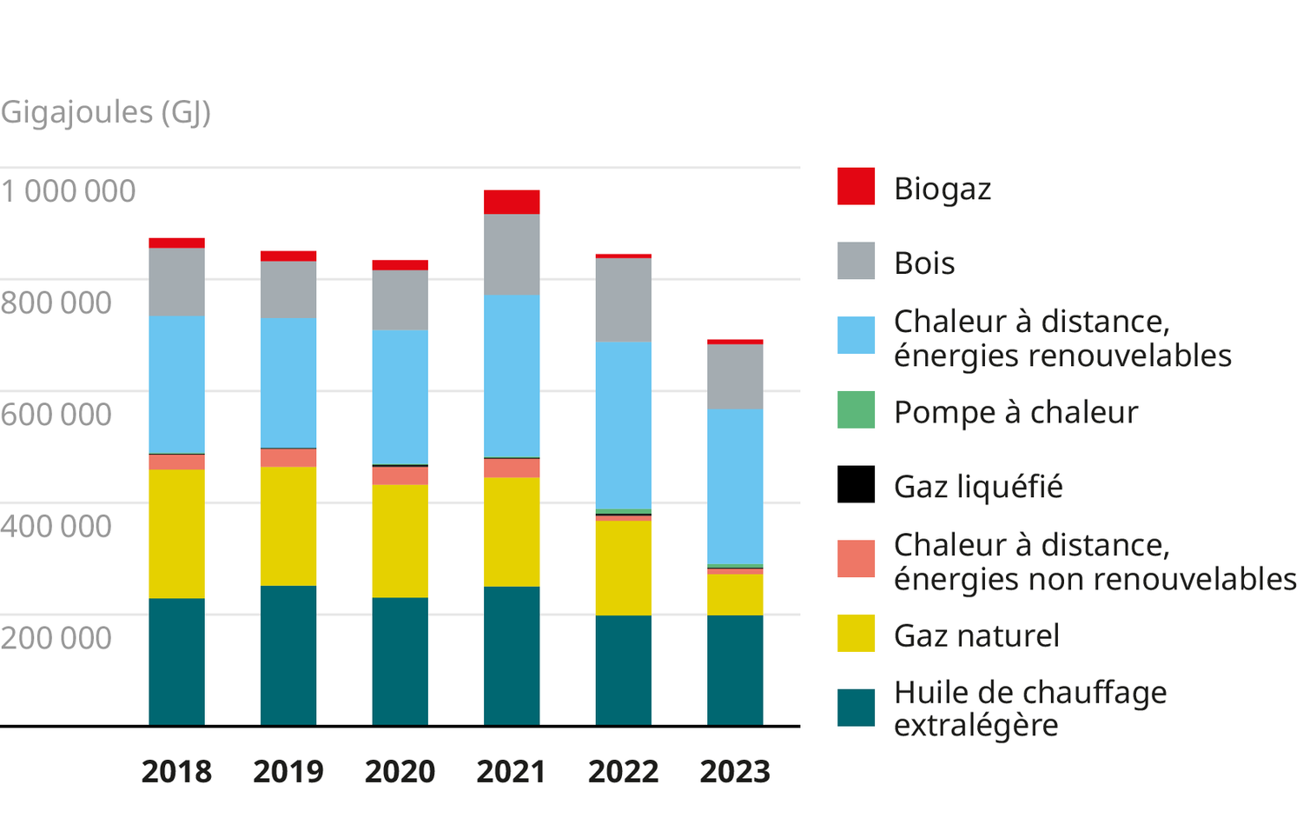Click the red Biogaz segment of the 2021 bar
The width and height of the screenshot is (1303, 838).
coord(512,202)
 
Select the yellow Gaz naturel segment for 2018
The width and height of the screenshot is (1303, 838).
coord(176,534)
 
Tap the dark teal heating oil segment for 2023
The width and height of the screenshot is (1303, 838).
coord(735,670)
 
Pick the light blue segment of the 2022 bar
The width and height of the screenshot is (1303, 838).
coord(623,425)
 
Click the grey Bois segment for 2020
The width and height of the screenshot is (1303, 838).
coord(400,300)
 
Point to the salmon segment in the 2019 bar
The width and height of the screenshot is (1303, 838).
coord(288,458)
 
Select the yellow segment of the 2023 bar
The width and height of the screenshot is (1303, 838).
coord(735,595)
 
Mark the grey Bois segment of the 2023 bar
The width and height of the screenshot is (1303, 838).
coord(735,376)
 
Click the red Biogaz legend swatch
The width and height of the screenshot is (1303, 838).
coord(856,187)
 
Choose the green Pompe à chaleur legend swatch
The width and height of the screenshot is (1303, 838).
coord(856,410)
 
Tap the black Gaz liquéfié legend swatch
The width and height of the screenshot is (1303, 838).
coord(856,485)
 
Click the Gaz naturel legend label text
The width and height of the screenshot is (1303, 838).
coord(976,635)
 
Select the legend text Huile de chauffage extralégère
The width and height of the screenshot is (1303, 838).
coord(1029,708)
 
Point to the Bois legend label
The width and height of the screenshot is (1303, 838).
coord(924,263)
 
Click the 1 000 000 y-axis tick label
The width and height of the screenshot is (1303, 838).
coord(68,191)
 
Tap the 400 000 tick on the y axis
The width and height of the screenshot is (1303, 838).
coord(56,526)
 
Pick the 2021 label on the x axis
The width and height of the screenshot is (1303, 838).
coord(511,772)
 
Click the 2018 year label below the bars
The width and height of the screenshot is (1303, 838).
coord(176,772)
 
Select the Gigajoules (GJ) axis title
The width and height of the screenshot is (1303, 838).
coord(105,112)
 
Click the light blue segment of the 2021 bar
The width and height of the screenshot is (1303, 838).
coord(512,376)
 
